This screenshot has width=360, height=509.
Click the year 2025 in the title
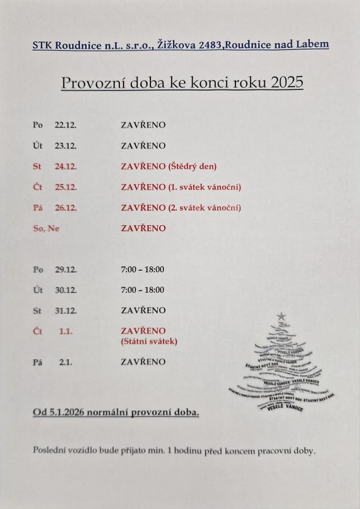click(x=287, y=83)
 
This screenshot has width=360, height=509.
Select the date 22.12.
click(x=65, y=125)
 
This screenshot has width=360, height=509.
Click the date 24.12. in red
click(x=66, y=167)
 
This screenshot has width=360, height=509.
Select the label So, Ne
click(x=46, y=228)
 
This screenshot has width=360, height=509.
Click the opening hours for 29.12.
click(x=143, y=269)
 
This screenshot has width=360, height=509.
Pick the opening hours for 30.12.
click(x=143, y=290)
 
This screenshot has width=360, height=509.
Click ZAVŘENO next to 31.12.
click(x=143, y=310)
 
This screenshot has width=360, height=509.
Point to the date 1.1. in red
click(x=66, y=331)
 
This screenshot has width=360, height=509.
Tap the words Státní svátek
click(x=149, y=341)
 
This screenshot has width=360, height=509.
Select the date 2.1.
click(x=66, y=362)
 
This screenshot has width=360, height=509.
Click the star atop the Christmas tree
click(x=281, y=317)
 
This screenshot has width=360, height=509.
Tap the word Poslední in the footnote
click(x=50, y=450)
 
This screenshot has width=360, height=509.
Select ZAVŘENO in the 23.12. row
click(x=143, y=146)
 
